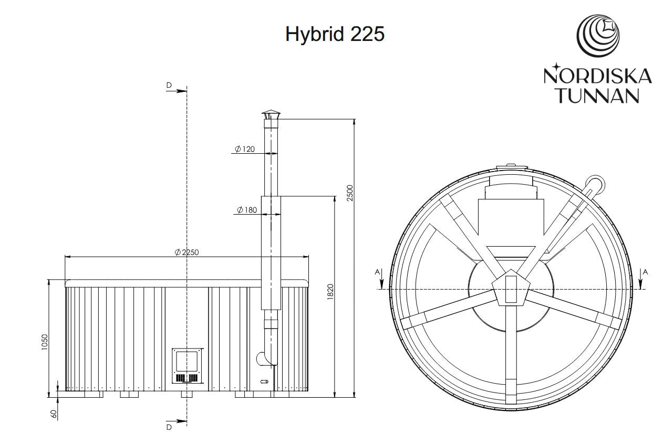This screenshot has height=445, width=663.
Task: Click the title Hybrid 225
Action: (335, 34)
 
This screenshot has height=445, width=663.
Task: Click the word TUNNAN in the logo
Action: (598, 95)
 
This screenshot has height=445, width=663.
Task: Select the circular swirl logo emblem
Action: (598, 36)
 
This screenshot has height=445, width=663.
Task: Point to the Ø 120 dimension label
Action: (245, 149)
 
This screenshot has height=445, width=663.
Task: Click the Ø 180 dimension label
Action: (247, 210)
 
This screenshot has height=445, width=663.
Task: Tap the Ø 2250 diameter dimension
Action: (187, 252)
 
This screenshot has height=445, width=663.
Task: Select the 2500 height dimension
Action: (350, 193)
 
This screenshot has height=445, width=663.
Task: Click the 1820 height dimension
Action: (330, 292)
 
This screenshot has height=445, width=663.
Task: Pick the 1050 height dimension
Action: (45, 342)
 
